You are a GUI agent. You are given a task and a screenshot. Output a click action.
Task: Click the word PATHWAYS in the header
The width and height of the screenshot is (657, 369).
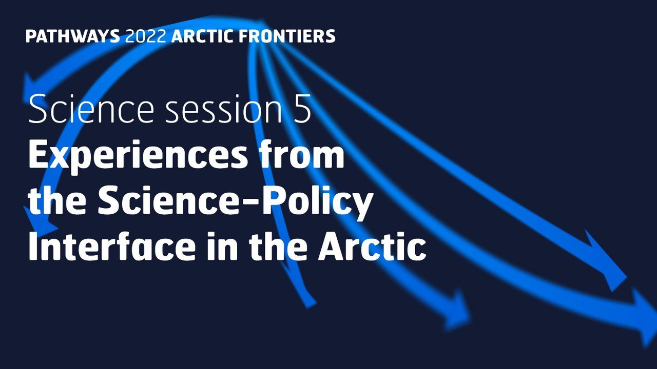[72, 36]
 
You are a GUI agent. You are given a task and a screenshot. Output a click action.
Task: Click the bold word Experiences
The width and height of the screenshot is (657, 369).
[137, 156]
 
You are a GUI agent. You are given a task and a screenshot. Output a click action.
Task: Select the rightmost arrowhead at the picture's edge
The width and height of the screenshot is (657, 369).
[644, 318]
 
